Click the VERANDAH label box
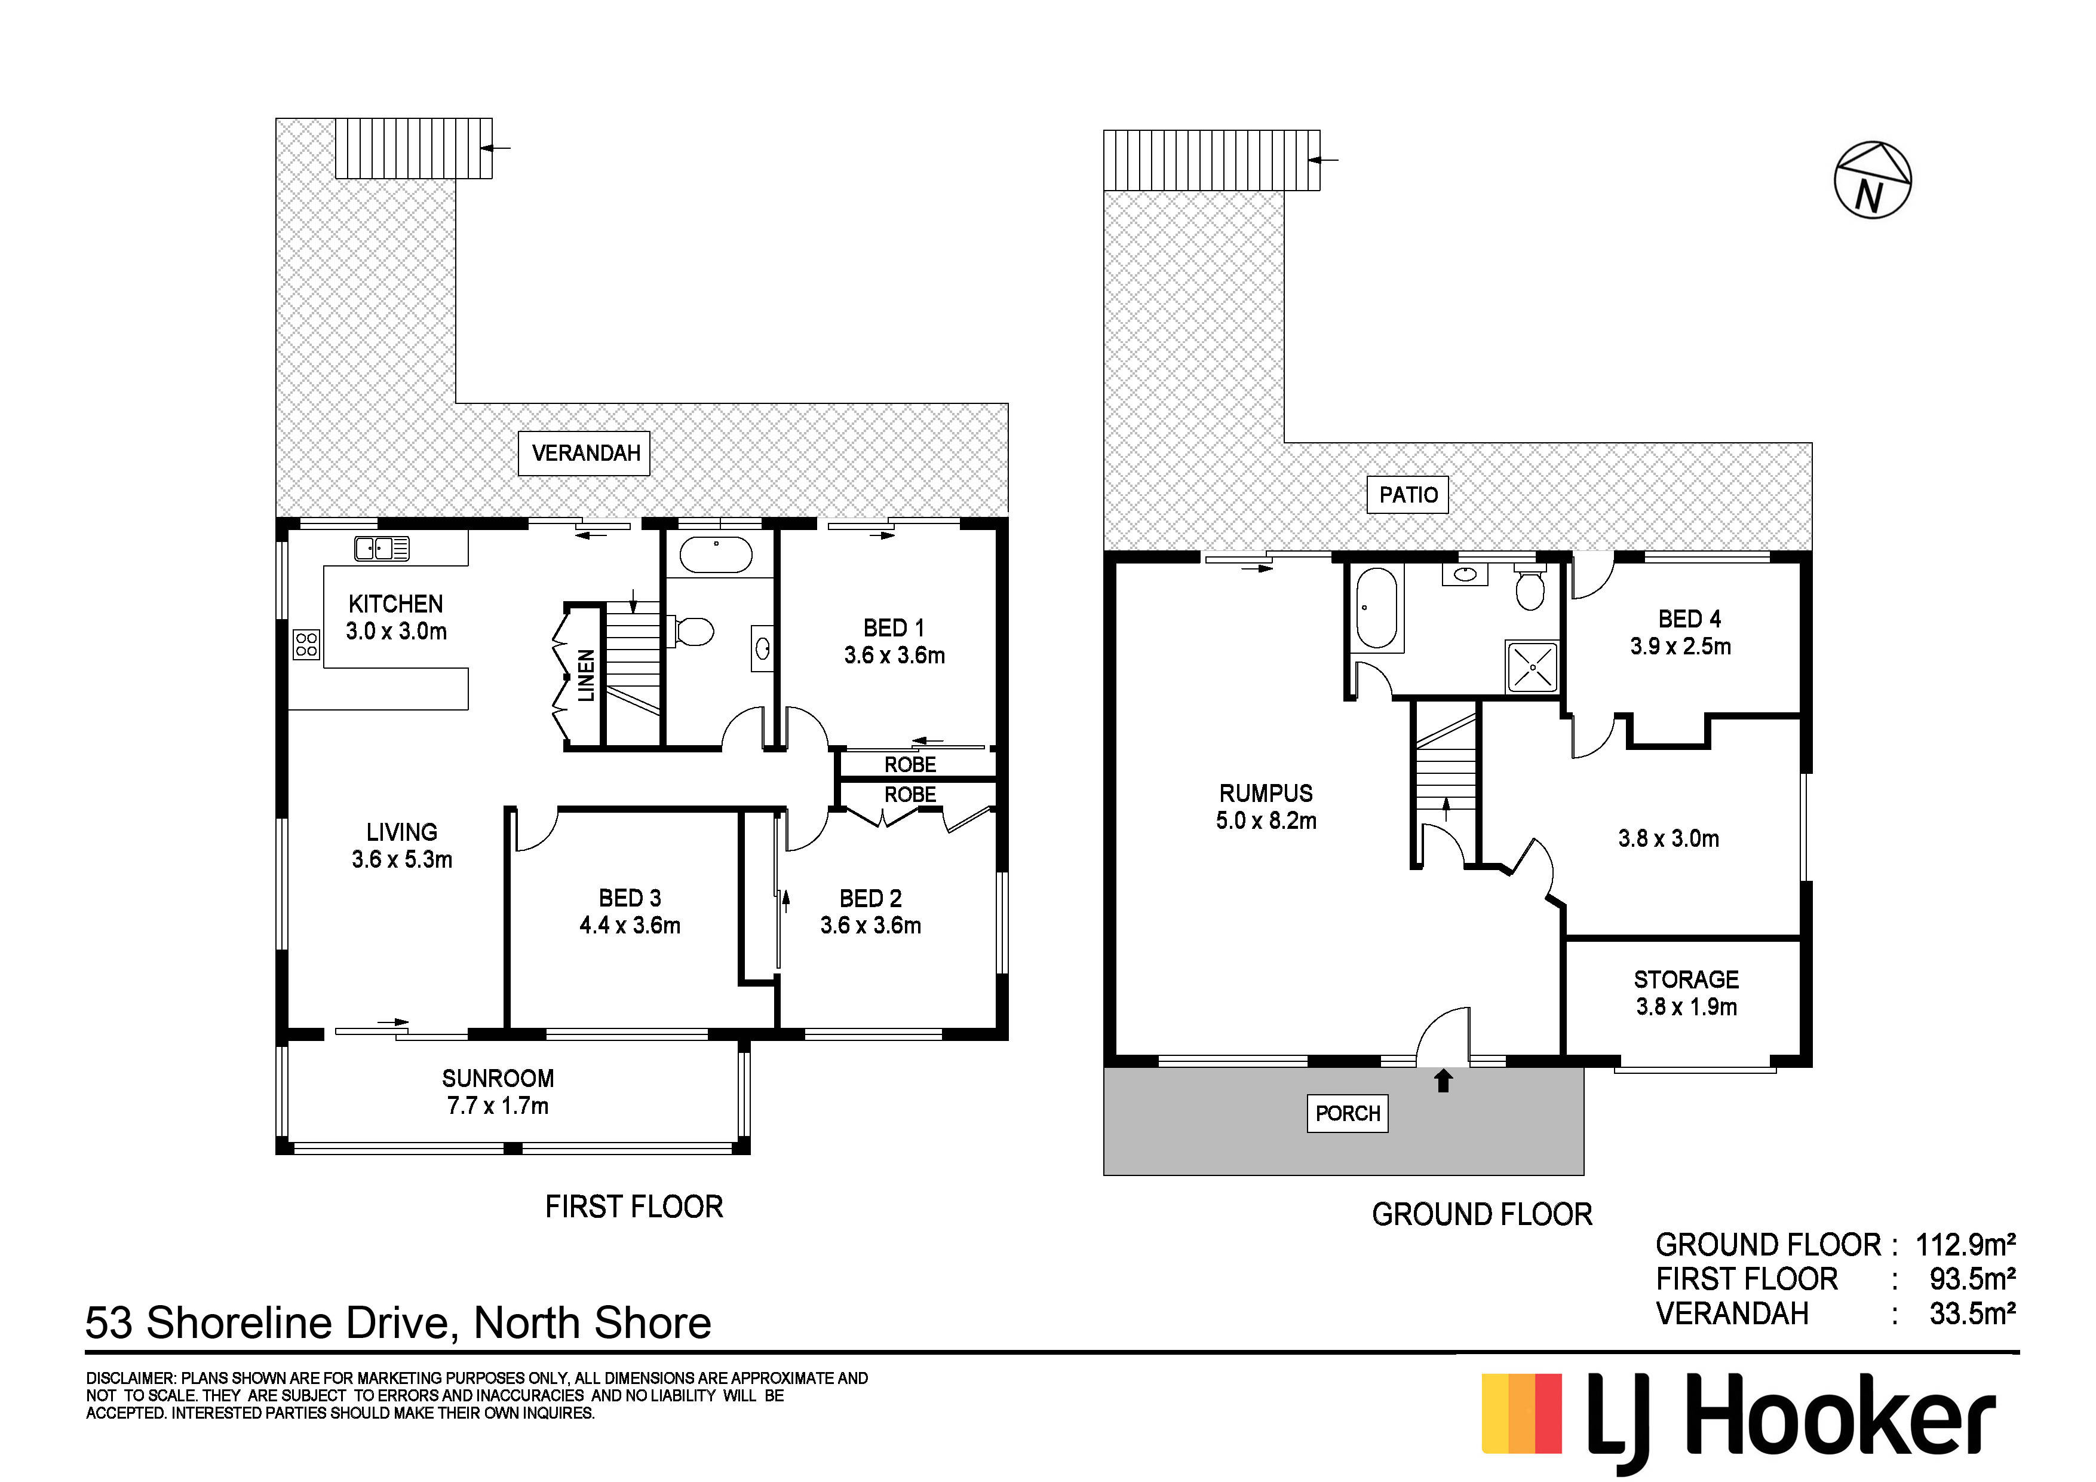pos(584,453)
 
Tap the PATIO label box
pos(1407,495)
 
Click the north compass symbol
pos(1873,180)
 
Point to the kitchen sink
pos(382,548)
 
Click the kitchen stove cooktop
pos(306,644)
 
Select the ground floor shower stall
pos(1532,666)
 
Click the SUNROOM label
pos(498,1079)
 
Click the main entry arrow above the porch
pos(1443,1081)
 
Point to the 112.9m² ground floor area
pos(1965,1245)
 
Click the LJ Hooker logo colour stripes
pos(1521,1413)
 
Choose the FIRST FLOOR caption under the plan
pos(634,1207)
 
